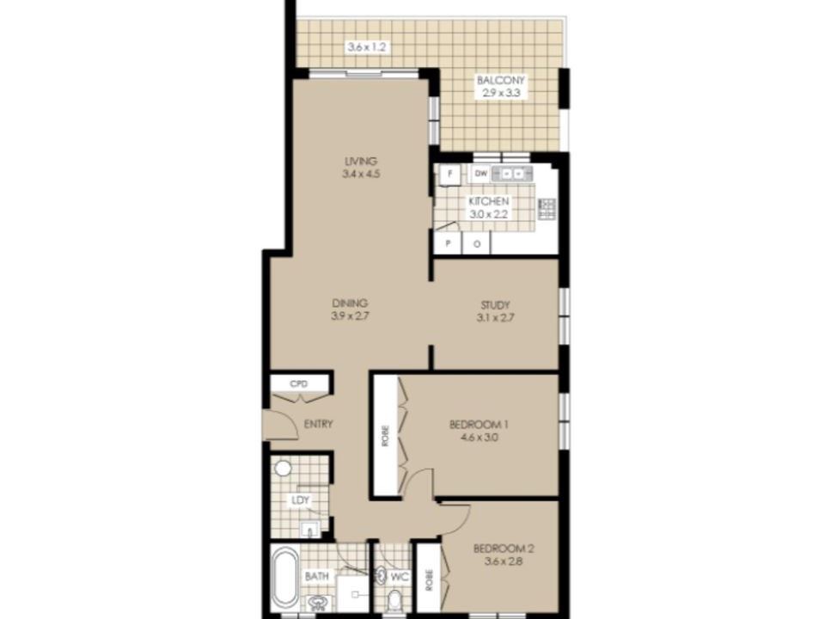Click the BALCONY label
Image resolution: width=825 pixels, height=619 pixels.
pyautogui.click(x=500, y=81)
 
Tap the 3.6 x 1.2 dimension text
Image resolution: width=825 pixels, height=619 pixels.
pyautogui.click(x=367, y=46)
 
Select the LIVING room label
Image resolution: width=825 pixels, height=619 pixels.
pyautogui.click(x=361, y=161)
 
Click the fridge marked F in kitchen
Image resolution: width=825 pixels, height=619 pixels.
pyautogui.click(x=449, y=173)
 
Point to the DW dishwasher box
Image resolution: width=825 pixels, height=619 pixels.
pyautogui.click(x=481, y=173)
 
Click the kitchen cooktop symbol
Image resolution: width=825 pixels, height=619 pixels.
pyautogui.click(x=547, y=209)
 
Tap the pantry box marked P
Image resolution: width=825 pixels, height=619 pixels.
pyautogui.click(x=448, y=243)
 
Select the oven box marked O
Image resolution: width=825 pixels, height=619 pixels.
pyautogui.click(x=477, y=243)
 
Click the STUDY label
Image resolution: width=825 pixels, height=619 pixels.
pyautogui.click(x=495, y=305)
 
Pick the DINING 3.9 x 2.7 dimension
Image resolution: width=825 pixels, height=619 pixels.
pyautogui.click(x=350, y=316)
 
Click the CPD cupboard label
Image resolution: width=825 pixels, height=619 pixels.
pyautogui.click(x=298, y=383)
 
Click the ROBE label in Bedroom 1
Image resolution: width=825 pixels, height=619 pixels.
pyautogui.click(x=386, y=436)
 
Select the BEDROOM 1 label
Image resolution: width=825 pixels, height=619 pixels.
pyautogui.click(x=479, y=424)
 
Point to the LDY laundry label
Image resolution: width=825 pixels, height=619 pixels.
pyautogui.click(x=301, y=500)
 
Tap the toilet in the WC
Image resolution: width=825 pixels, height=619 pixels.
pyautogui.click(x=394, y=599)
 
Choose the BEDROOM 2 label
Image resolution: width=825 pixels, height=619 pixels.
pyautogui.click(x=504, y=549)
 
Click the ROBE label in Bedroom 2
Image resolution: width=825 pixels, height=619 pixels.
pyautogui.click(x=430, y=581)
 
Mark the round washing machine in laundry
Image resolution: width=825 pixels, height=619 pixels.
pyautogui.click(x=283, y=468)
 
